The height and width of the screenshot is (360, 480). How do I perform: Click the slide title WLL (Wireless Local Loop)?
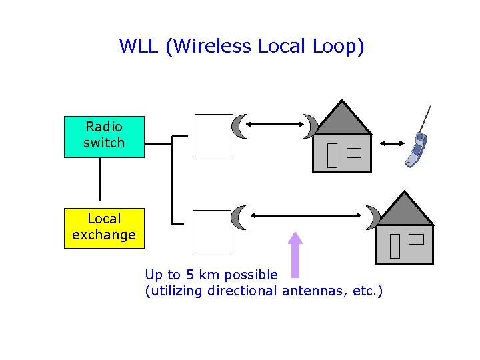click(241, 46)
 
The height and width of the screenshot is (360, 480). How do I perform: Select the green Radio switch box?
click(104, 137)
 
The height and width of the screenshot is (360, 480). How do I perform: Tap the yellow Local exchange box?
click(104, 227)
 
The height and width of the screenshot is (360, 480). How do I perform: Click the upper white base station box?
click(213, 135)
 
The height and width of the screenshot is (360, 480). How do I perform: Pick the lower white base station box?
click(212, 231)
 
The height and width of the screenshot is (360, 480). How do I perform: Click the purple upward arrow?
click(295, 254)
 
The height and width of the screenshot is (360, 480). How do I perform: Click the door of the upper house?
click(332, 155)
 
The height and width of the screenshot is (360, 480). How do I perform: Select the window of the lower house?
click(416, 239)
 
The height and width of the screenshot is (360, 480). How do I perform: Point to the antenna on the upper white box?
click(239, 126)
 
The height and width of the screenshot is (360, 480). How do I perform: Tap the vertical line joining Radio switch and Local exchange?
click(100, 179)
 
